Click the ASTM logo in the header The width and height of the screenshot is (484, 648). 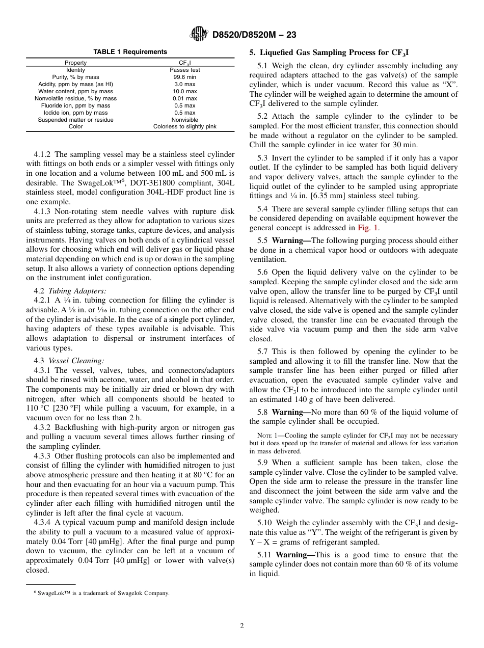point(198,34)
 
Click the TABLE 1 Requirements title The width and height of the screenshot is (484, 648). point(130,52)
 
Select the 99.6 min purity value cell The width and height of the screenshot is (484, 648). point(184,77)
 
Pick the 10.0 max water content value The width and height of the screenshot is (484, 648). point(184,91)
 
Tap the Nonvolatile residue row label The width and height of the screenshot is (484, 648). point(75,98)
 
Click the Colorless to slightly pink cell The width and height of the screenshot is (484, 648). point(184,127)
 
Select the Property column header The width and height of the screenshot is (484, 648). point(75,63)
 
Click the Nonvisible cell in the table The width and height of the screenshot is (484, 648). point(184,120)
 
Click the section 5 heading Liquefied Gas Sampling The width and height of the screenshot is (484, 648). point(329,52)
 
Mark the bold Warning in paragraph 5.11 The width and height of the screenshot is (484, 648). point(295,555)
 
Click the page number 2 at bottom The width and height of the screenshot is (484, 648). point(242,626)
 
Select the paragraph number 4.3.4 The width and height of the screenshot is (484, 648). point(43,522)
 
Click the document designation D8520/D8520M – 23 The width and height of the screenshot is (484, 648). point(254,35)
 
